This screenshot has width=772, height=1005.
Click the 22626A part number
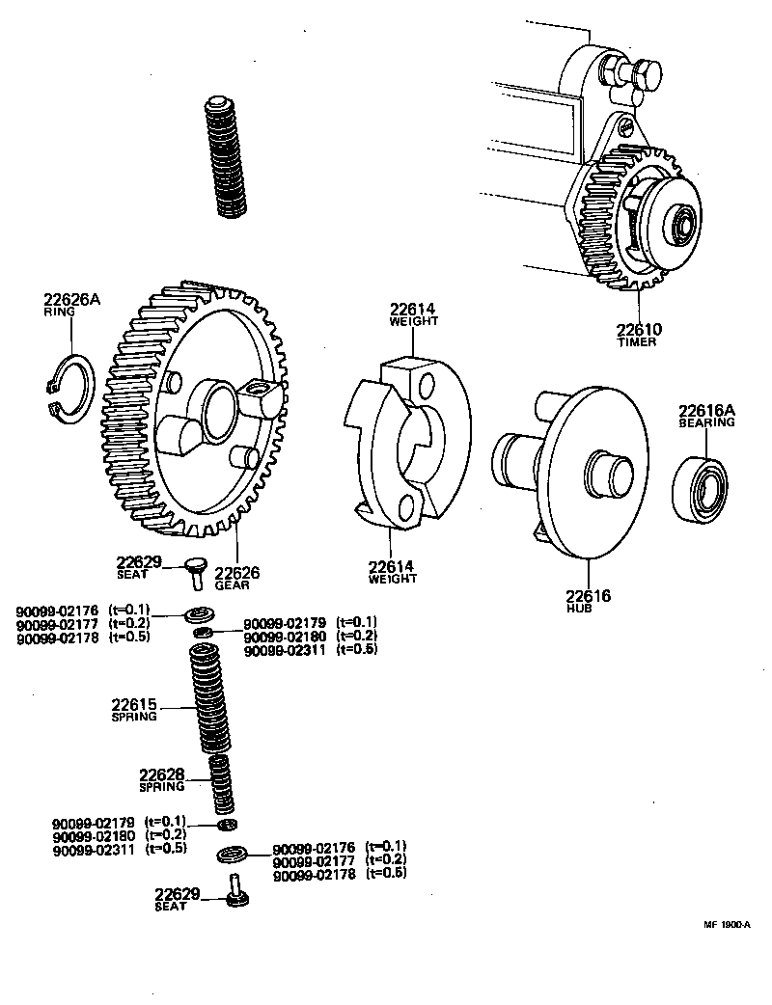coord(70,300)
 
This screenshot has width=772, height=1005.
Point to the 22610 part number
coord(639,329)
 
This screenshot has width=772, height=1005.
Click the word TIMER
coord(637,342)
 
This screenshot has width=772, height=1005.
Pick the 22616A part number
coord(706,410)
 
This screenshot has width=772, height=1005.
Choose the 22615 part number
coord(134,705)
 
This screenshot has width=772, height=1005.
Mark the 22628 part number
coord(161,774)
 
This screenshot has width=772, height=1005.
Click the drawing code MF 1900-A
coord(726,924)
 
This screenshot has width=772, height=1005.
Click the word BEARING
coord(706,422)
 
